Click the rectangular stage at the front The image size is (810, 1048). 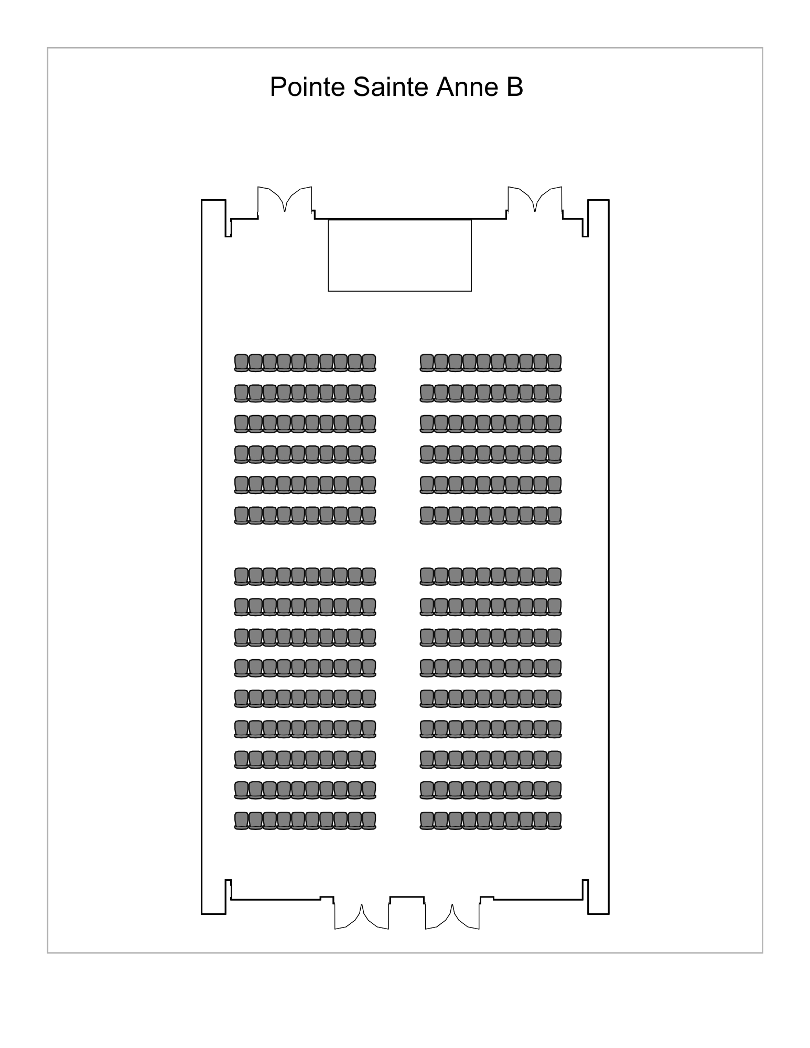click(399, 255)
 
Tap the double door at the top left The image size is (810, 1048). click(285, 200)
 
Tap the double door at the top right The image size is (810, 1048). click(535, 200)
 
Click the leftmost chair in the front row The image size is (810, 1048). click(241, 363)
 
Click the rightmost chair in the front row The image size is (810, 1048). click(555, 363)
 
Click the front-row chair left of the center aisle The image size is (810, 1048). click(369, 363)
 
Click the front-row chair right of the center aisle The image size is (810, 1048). click(427, 363)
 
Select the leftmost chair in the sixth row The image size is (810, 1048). click(241, 515)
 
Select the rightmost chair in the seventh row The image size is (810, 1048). click(555, 576)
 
